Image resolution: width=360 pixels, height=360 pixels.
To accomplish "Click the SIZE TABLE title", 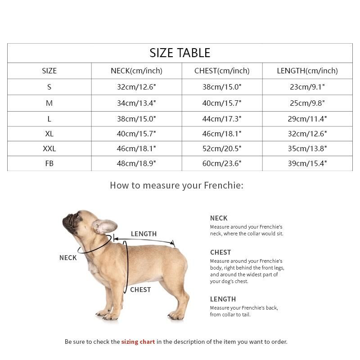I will tap(180, 53).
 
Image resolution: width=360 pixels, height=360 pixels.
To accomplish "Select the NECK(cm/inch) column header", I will tap(136, 71).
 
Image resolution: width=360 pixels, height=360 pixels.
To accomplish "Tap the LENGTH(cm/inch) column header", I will tap(307, 71).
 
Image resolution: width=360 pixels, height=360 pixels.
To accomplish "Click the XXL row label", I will tap(49, 148).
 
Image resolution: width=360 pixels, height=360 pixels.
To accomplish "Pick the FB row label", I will tap(49, 163).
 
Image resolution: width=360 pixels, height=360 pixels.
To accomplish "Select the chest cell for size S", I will tap(222, 87).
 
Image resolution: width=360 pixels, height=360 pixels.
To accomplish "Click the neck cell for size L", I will tap(136, 119).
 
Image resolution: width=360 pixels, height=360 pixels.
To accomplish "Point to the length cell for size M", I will tap(307, 103).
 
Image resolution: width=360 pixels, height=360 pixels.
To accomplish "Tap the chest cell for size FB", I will tap(222, 163).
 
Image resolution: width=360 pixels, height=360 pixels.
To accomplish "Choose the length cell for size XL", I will tap(307, 134).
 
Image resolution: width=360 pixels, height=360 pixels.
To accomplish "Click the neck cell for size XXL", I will tap(136, 148).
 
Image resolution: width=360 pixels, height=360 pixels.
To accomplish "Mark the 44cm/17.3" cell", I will tap(222, 119).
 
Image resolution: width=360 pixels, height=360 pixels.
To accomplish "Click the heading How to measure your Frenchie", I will tap(176, 185).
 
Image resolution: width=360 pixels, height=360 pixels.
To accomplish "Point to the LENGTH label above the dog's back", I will tap(144, 234).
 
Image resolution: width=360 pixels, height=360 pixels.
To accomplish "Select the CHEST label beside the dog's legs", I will tap(140, 290).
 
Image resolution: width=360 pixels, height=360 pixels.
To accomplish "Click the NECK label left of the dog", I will tap(68, 258).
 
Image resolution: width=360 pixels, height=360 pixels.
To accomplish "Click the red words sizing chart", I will tap(138, 342).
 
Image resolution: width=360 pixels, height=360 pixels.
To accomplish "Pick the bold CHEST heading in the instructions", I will tap(220, 252).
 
